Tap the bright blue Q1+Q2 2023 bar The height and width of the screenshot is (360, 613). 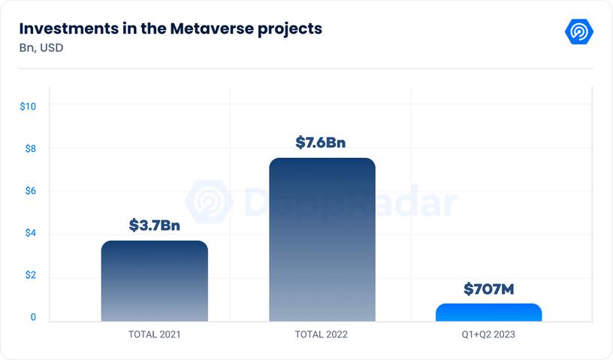tap(488, 313)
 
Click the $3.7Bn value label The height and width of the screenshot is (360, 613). tap(154, 224)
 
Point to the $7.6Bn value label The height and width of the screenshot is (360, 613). tap(321, 142)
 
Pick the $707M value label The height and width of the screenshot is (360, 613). tap(488, 289)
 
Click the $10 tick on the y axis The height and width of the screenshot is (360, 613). tap(29, 106)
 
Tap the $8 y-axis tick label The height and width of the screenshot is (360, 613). tap(31, 148)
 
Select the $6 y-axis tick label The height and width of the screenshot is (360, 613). tap(31, 191)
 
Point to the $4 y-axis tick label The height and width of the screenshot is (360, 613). tap(31, 233)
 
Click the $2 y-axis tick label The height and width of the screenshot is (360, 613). tap(31, 275)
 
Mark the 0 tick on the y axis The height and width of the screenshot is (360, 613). tap(33, 317)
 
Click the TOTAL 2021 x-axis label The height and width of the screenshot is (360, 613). tap(154, 334)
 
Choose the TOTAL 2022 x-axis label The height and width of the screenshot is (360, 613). tap(322, 334)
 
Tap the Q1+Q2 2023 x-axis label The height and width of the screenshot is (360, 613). tap(488, 334)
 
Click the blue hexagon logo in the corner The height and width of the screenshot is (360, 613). tap(579, 32)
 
